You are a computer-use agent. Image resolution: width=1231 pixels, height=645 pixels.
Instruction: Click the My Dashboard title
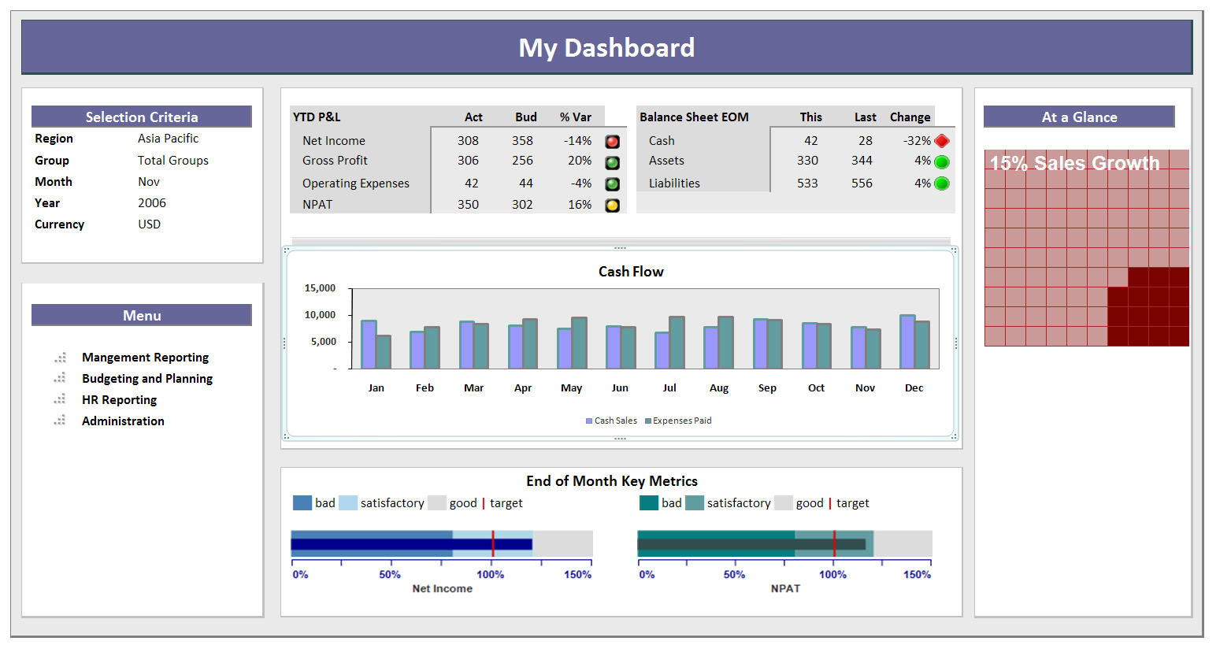pyautogui.click(x=606, y=48)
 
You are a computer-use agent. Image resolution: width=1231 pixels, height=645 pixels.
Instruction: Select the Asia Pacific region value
pyautogui.click(x=168, y=139)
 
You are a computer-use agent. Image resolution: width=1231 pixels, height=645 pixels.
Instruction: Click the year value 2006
pyautogui.click(x=152, y=203)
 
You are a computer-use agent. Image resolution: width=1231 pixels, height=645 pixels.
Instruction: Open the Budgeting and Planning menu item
pyautogui.click(x=147, y=379)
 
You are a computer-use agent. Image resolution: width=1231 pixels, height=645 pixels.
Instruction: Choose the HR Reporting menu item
pyautogui.click(x=119, y=400)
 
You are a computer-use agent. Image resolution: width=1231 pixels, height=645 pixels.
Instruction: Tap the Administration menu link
pyautogui.click(x=123, y=421)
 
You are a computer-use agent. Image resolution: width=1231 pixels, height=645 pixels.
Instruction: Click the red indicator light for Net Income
pyautogui.click(x=612, y=142)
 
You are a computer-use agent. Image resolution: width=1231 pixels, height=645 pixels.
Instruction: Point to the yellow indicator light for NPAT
pyautogui.click(x=612, y=206)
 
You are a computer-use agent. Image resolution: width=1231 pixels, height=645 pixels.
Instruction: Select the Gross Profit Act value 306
pyautogui.click(x=468, y=161)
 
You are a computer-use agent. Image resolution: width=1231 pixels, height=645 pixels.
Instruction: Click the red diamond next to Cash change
pyautogui.click(x=941, y=141)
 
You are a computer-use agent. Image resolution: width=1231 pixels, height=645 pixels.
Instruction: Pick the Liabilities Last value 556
pyautogui.click(x=862, y=183)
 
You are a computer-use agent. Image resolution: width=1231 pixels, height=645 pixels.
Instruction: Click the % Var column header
pyautogui.click(x=575, y=117)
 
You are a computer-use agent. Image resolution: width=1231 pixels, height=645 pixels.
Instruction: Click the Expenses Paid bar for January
pyautogui.click(x=384, y=352)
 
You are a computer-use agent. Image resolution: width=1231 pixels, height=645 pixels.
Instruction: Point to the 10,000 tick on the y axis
pyautogui.click(x=320, y=315)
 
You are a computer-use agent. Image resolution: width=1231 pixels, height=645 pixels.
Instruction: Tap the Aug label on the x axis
pyautogui.click(x=718, y=388)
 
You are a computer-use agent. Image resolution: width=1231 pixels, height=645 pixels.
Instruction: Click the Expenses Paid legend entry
pyautogui.click(x=678, y=421)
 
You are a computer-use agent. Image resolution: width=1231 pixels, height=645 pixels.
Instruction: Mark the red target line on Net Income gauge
pyautogui.click(x=493, y=543)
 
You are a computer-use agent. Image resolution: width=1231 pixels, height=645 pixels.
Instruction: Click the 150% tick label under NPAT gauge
pyautogui.click(x=917, y=575)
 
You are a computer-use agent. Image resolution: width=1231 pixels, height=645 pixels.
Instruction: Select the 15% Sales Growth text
pyautogui.click(x=1074, y=164)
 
